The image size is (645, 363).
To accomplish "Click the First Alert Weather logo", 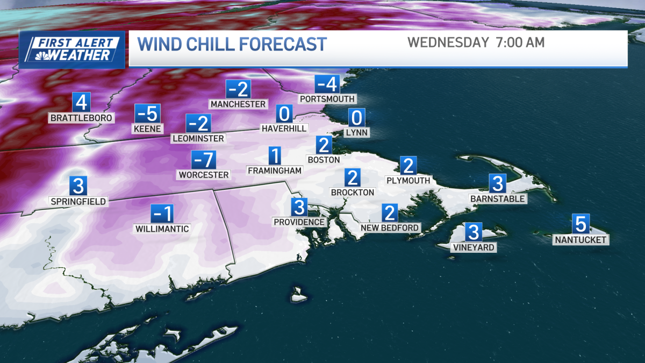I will click(72, 49).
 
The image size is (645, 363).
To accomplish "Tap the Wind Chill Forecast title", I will click(232, 44).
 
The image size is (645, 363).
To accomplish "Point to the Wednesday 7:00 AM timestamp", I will click(476, 42).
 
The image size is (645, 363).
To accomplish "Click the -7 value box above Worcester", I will click(204, 160).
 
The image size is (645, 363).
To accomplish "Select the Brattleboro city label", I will click(81, 118).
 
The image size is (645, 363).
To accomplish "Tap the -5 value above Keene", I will click(147, 113).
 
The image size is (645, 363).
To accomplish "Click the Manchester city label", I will click(238, 104).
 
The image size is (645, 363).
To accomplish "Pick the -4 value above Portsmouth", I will click(327, 84).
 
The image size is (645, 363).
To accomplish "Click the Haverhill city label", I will click(284, 128).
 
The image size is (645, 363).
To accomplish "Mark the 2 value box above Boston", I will click(324, 145).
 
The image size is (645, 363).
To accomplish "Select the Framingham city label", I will click(275, 170).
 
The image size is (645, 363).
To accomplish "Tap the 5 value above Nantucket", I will click(580, 223).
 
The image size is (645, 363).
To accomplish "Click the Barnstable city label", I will click(497, 198).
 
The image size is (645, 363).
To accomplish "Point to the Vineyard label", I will click(473, 247).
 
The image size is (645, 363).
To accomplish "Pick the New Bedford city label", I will click(390, 227).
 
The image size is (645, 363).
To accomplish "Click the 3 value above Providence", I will click(299, 207).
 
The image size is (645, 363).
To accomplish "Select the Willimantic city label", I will click(162, 229).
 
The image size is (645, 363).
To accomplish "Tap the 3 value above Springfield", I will click(78, 186).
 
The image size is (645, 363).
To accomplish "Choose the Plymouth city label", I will click(408, 180).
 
